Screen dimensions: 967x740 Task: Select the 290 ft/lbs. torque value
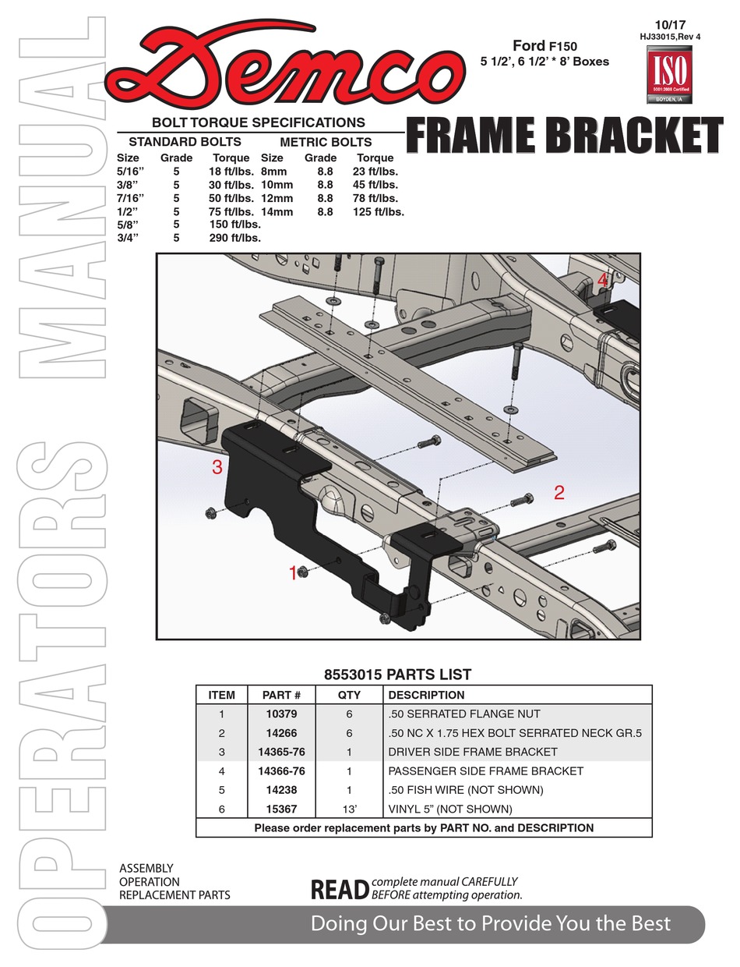click(234, 238)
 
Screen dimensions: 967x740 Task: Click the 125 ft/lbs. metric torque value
click(378, 211)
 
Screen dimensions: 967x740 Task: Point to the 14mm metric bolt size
click(277, 211)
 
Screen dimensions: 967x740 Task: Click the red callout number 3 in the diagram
click(217, 468)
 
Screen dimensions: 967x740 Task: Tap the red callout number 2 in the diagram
click(559, 492)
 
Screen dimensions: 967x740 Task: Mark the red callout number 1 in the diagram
click(293, 573)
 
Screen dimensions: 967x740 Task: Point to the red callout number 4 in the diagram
click(602, 279)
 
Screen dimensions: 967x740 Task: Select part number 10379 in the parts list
click(281, 714)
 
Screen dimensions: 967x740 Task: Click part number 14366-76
click(281, 771)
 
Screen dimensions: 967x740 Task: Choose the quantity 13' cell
click(349, 809)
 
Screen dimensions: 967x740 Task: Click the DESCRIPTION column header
click(425, 695)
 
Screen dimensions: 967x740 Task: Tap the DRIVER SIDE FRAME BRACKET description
click(472, 752)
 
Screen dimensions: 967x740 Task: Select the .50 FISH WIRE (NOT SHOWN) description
click(465, 790)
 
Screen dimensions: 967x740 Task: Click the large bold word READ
click(339, 890)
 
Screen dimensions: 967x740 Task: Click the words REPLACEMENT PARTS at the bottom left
click(174, 895)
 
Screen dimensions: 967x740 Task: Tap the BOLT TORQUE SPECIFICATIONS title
click(258, 122)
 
